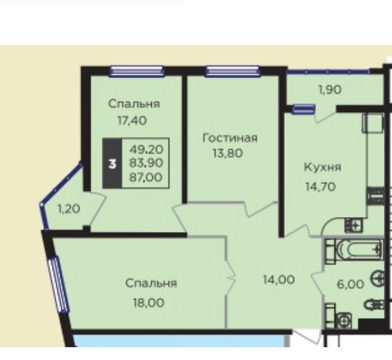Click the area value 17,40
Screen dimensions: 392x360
pos(132,121)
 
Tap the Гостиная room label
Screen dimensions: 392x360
pos(230,138)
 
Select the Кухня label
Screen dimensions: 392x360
pos(323,167)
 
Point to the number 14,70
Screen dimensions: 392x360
pos(320,187)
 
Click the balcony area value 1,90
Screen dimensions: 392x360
pos(330,90)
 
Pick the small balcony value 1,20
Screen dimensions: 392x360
pos(69,208)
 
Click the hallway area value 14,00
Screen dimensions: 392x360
pos(279,280)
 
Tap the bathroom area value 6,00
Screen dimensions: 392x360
pos(350,284)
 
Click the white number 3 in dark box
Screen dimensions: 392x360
pos(113,164)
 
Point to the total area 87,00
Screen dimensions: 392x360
pos(146,177)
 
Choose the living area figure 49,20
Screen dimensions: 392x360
pos(146,150)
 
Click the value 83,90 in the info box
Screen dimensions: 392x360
pos(146,163)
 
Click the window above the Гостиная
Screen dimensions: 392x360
pos(233,71)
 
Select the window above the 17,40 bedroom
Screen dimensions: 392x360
pos(137,71)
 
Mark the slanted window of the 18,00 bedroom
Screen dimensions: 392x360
pos(59,284)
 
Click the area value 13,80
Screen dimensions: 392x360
pos(227,153)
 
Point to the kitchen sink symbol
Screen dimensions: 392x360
pos(354,225)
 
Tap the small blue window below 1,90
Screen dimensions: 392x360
pos(304,109)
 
